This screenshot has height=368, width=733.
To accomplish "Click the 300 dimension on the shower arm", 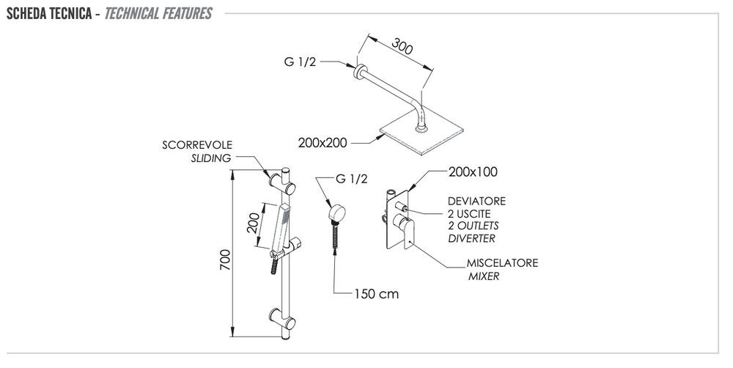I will pyautogui.click(x=402, y=47).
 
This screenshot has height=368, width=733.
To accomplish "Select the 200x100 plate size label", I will pyautogui.click(x=473, y=173).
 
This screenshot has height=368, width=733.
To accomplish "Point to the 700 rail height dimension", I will pyautogui.click(x=225, y=260).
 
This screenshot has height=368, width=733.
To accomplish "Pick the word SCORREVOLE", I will pyautogui.click(x=196, y=145).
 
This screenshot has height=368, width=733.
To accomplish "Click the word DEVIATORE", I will pyautogui.click(x=476, y=201).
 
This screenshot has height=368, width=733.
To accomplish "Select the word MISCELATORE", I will pyautogui.click(x=503, y=264).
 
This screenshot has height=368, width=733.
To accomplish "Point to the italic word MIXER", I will pyautogui.click(x=484, y=276).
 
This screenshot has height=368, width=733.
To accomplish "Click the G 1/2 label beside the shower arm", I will pyautogui.click(x=301, y=62).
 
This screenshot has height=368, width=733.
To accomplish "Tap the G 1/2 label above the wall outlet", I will pyautogui.click(x=351, y=179).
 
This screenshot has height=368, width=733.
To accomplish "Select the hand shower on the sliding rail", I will pyautogui.click(x=280, y=231).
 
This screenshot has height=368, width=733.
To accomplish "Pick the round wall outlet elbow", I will pyautogui.click(x=336, y=213).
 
